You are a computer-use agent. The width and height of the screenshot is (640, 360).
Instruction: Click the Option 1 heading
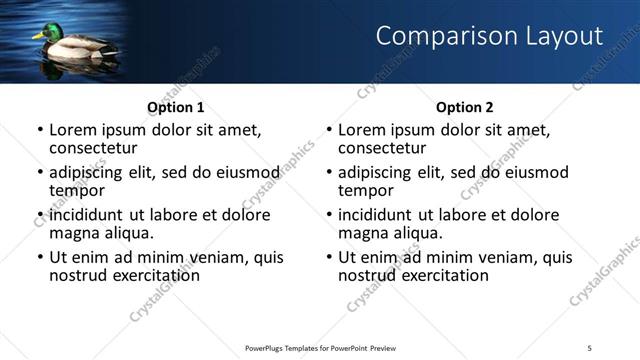click(x=176, y=107)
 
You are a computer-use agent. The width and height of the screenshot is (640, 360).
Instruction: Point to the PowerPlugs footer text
click(x=322, y=348)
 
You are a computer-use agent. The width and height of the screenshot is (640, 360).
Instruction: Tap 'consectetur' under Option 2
click(x=382, y=148)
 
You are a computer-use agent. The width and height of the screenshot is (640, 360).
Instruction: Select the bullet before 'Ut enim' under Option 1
click(x=39, y=257)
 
